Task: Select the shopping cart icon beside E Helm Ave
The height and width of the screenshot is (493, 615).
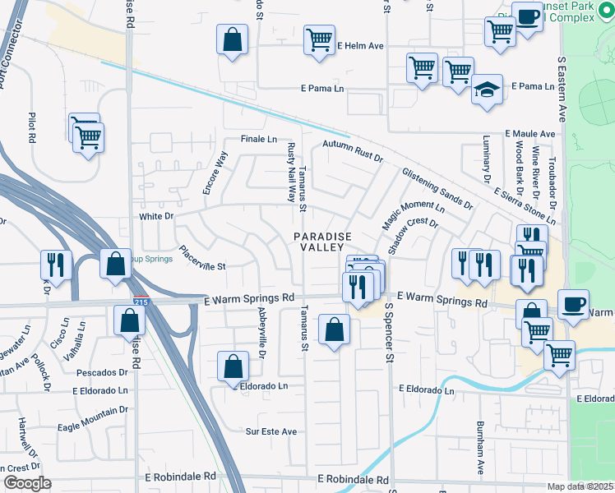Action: coord(318,39)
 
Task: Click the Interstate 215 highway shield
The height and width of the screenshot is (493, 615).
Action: coord(141,302)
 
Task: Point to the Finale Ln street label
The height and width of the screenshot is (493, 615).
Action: coord(258,139)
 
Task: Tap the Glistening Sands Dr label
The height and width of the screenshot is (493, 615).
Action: coord(437,188)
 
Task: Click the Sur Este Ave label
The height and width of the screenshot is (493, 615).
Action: coord(271,431)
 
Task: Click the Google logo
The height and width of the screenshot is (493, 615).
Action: coord(26,483)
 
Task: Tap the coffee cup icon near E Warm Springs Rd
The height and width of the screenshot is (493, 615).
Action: coord(573,303)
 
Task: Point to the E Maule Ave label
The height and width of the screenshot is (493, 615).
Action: coord(530,133)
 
